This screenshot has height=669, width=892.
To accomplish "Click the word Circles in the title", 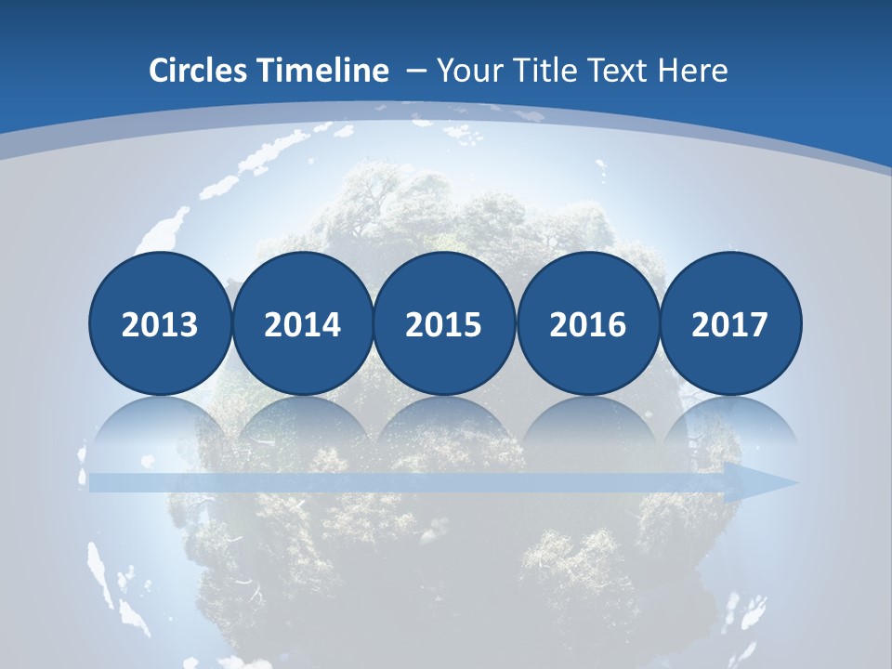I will click(200, 71).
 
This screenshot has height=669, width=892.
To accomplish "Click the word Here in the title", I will click(692, 71).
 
